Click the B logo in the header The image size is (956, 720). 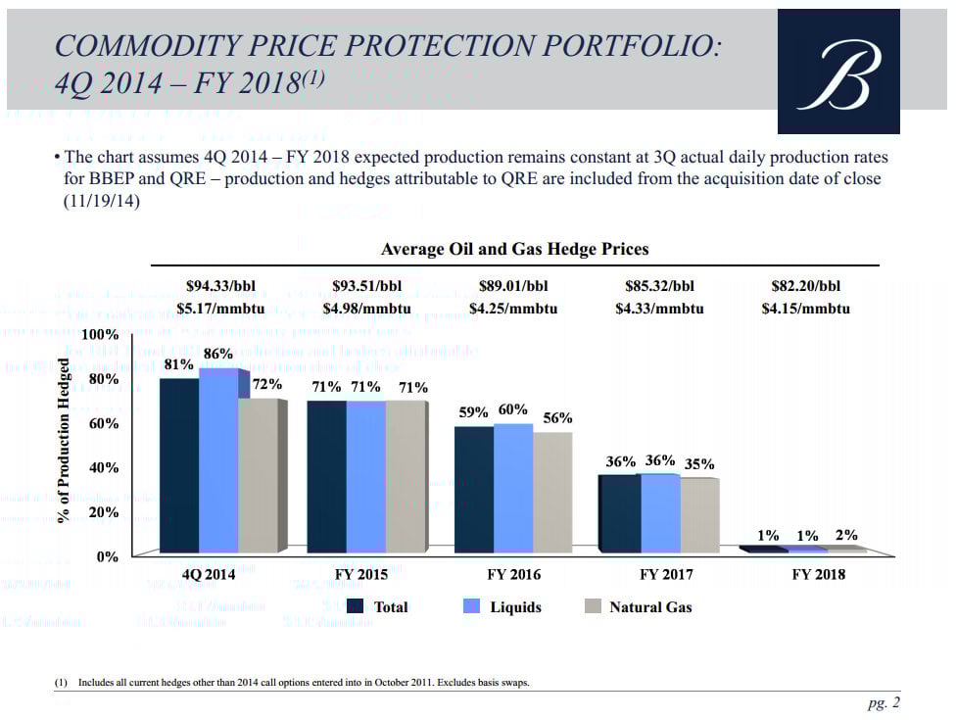(x=837, y=72)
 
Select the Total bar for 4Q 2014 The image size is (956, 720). (x=178, y=465)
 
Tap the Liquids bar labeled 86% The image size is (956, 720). (x=217, y=460)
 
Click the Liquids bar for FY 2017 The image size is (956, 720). (x=659, y=514)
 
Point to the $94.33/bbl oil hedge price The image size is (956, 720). (x=220, y=287)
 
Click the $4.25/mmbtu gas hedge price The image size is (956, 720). (x=512, y=309)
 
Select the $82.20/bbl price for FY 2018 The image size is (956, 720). (x=805, y=287)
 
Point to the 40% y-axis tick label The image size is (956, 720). (x=103, y=468)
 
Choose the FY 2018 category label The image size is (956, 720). (x=818, y=574)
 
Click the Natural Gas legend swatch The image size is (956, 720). (x=592, y=607)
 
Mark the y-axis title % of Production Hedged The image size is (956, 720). (x=65, y=441)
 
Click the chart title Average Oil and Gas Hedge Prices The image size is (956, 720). (x=514, y=250)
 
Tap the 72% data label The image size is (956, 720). (x=267, y=385)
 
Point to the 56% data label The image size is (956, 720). (x=557, y=418)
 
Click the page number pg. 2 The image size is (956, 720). (x=883, y=702)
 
